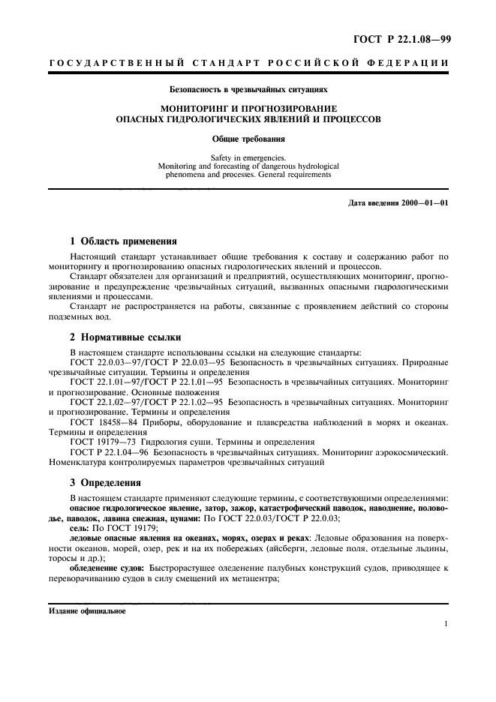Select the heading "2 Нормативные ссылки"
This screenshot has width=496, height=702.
125,337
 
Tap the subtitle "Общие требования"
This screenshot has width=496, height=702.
248,139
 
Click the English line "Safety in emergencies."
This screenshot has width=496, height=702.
248,158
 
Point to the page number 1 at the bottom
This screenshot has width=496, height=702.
446,623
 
